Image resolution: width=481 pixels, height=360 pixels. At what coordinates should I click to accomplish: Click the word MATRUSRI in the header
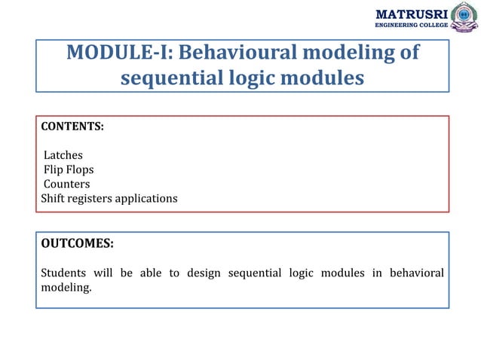point(411,14)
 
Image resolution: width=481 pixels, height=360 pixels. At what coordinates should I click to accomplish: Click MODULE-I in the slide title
point(121,54)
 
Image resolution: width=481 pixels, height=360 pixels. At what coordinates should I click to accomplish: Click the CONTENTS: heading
point(72,127)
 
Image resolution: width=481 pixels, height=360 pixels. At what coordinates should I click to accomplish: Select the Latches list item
point(63,156)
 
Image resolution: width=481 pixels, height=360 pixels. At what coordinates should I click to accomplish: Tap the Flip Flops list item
point(69,170)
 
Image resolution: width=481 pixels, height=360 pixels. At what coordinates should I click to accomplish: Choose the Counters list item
point(66,185)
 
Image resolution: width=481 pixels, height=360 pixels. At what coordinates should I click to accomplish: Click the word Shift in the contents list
point(54,199)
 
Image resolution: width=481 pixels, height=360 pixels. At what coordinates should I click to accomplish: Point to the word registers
point(93,199)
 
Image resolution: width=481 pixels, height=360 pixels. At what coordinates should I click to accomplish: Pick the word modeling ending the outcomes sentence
point(66,287)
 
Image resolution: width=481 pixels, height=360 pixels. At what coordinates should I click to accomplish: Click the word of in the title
point(409,54)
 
